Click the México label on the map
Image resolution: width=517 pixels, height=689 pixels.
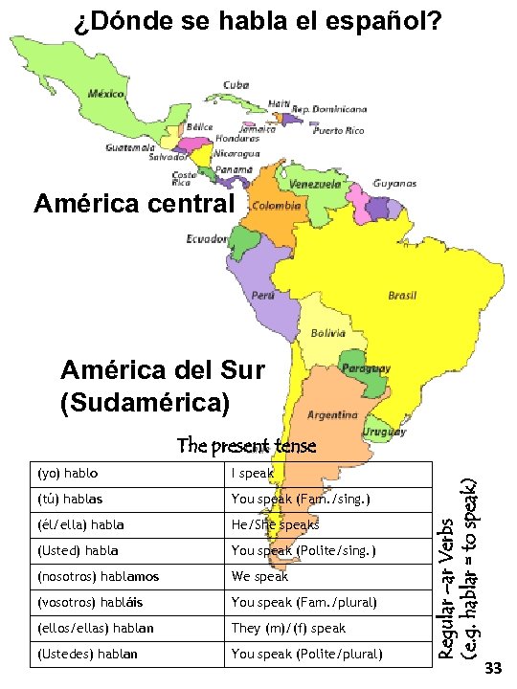click(x=107, y=94)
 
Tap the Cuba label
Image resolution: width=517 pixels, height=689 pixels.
click(x=236, y=85)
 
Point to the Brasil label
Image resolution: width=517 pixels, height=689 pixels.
click(x=401, y=296)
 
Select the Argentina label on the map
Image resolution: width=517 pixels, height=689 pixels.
click(x=332, y=415)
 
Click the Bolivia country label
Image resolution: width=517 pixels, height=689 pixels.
click(x=328, y=333)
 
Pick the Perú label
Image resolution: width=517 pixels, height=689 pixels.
click(x=262, y=296)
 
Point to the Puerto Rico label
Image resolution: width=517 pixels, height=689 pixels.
click(x=339, y=130)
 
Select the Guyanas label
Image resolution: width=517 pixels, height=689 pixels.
click(x=394, y=183)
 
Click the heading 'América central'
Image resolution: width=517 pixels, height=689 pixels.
click(x=133, y=204)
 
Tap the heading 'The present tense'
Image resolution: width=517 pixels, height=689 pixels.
click(x=246, y=446)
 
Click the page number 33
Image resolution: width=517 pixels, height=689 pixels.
click(x=494, y=667)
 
